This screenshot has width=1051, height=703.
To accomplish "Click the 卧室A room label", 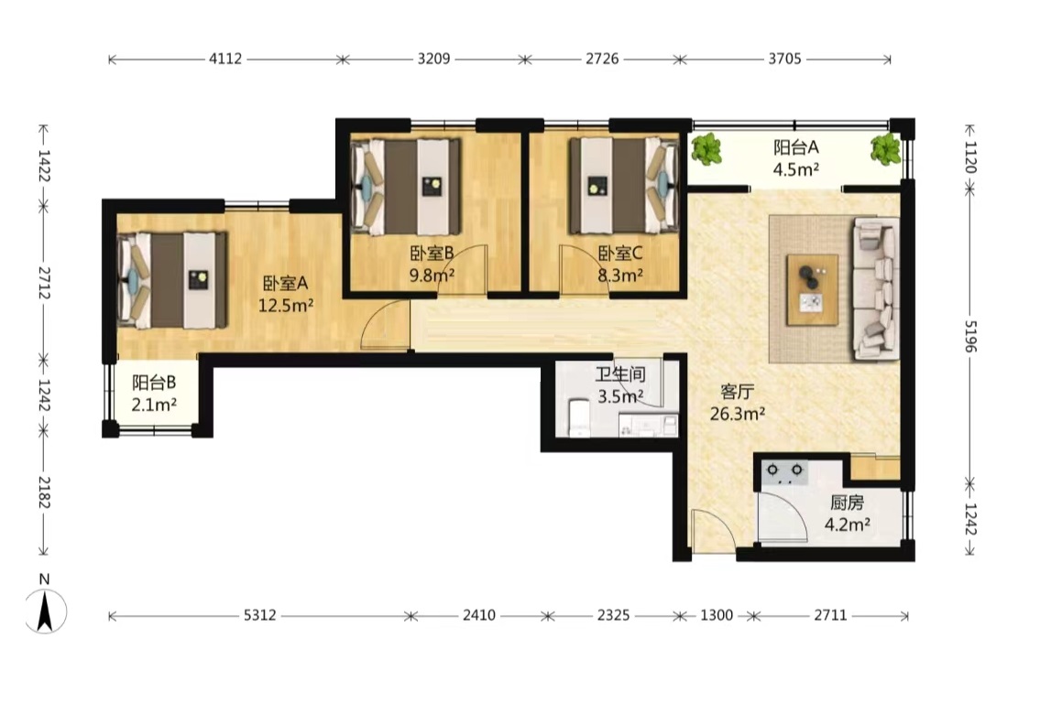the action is [286, 283].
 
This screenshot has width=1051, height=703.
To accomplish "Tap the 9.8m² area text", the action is [432, 275].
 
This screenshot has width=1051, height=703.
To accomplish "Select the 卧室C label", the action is [620, 253].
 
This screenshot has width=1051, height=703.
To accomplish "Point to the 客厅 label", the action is [738, 391].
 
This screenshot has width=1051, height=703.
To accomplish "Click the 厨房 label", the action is [848, 503].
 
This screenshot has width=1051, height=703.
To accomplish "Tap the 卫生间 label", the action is [620, 374].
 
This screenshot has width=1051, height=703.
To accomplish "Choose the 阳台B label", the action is [154, 383].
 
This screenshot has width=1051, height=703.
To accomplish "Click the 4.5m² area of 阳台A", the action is [796, 169].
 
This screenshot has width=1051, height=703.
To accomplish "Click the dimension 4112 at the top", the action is [225, 59].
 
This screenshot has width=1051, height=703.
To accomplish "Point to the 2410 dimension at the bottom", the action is [479, 615].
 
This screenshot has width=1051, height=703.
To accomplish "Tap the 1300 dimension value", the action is [717, 615].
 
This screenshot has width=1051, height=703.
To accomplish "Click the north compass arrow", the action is [45, 611].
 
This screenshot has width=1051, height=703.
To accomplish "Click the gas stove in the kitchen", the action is [785, 472].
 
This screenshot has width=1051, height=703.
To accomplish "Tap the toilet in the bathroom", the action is [578, 417].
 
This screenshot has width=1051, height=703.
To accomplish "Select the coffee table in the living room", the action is [813, 290].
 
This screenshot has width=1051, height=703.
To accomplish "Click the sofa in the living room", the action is [875, 287].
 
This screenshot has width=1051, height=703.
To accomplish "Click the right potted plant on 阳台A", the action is [885, 148].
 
